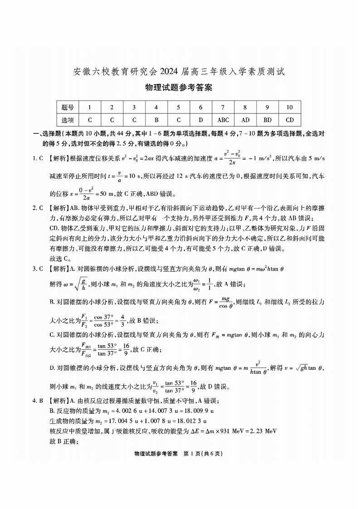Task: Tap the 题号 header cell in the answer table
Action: [x=67, y=108]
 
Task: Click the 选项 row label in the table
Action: [x=67, y=120]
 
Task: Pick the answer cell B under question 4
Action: [x=156, y=120]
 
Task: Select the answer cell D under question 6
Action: [x=200, y=120]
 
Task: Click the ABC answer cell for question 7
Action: [x=223, y=120]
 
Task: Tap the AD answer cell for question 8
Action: [x=245, y=120]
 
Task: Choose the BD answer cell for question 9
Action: [x=268, y=120]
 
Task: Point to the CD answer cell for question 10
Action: [x=290, y=120]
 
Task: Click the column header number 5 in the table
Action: [x=178, y=108]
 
